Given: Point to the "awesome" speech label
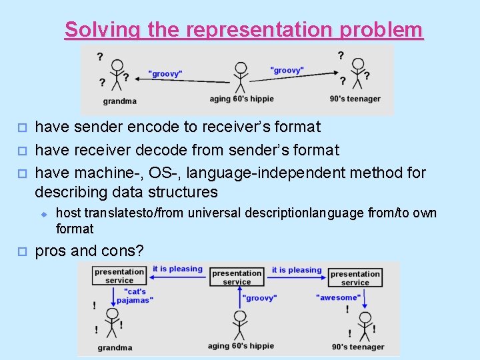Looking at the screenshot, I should click(339, 297).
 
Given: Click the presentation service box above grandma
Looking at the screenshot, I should click(119, 276).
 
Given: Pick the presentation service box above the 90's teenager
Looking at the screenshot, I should click(355, 277).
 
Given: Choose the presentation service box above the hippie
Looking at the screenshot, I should click(237, 277).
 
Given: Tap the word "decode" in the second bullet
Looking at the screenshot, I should click(177, 150).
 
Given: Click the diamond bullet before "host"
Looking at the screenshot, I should click(41, 213).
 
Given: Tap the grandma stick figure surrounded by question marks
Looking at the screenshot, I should click(117, 74).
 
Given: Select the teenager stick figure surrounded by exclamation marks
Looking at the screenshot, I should click(364, 325).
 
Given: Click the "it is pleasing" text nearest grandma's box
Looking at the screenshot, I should click(177, 269).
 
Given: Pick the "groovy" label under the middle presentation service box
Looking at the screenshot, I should click(259, 298).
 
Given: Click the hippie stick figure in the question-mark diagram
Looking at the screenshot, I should click(240, 77).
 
